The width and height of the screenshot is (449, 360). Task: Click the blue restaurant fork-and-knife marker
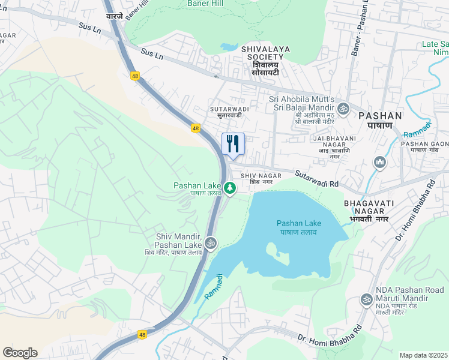[x=233, y=143]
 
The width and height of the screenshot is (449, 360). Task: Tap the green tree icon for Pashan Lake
[x=229, y=189]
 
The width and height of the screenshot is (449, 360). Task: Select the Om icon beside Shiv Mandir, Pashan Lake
[x=210, y=243]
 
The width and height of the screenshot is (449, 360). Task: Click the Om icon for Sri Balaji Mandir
[x=343, y=109]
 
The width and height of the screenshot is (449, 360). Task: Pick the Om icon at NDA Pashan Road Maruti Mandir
[x=366, y=299]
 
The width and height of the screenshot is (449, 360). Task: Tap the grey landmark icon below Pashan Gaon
[x=379, y=162]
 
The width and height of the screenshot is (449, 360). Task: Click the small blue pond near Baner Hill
[x=229, y=47]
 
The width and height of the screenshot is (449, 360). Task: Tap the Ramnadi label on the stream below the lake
[x=213, y=287]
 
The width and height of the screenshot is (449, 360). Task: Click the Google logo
[x=20, y=353]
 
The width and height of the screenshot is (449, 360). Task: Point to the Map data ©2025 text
[x=424, y=355]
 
